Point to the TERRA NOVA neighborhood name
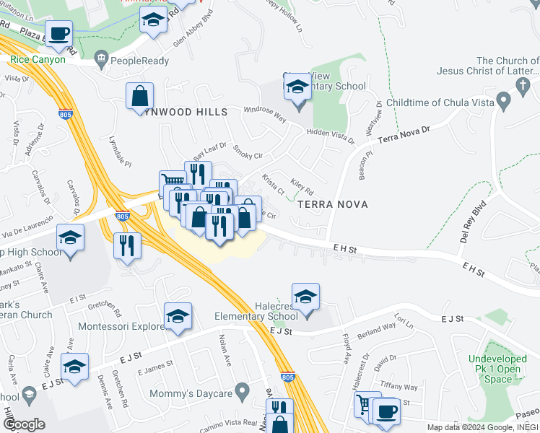pyautogui.click(x=332, y=204)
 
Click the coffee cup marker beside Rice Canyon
pyautogui.click(x=61, y=33)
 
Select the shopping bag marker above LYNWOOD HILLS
pyautogui.click(x=139, y=96)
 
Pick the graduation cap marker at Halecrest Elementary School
pyautogui.click(x=306, y=297)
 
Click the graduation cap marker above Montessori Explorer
pyautogui.click(x=178, y=315)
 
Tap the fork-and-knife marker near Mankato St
pyautogui.click(x=127, y=245)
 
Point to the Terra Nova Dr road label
pyautogui.click(x=404, y=133)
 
